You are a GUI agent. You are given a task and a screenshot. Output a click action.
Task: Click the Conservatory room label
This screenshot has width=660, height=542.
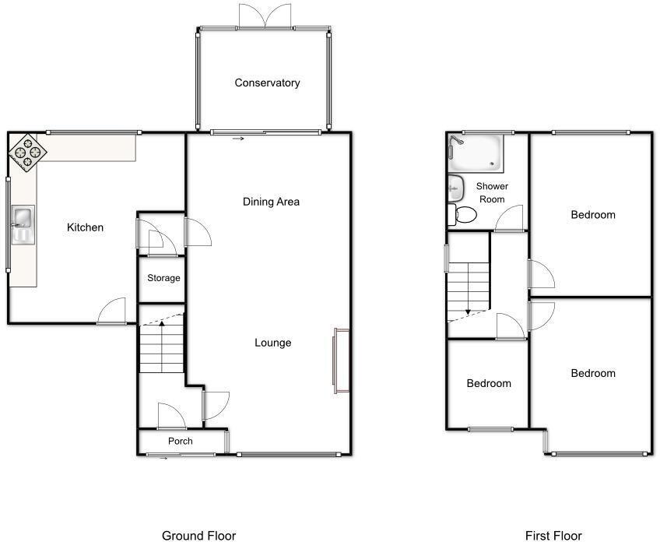tap(267, 83)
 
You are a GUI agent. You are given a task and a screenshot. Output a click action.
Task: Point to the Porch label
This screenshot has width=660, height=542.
tap(181, 442)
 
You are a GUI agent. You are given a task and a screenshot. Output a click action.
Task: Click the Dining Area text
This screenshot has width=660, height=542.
tap(271, 202)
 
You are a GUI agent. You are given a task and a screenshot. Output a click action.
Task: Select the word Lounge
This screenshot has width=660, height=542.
tap(272, 343)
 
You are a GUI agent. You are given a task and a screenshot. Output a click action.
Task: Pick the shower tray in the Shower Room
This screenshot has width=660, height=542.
tap(476, 153)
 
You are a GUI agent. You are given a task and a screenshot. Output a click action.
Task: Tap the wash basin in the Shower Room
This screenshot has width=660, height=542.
tap(455, 187)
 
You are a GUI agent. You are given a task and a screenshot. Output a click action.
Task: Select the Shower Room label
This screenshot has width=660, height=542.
tap(492, 192)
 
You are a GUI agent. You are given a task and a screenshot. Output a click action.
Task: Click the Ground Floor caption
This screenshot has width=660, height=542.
tap(198, 535)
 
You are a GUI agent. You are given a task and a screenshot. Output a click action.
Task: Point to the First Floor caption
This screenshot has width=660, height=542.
tap(553, 535)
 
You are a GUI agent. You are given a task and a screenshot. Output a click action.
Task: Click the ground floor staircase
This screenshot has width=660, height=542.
tap(162, 347)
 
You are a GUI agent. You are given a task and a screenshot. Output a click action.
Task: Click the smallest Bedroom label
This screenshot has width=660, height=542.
tap(489, 383)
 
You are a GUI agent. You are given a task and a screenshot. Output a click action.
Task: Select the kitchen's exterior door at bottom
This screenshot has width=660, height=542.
tap(113, 312)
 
